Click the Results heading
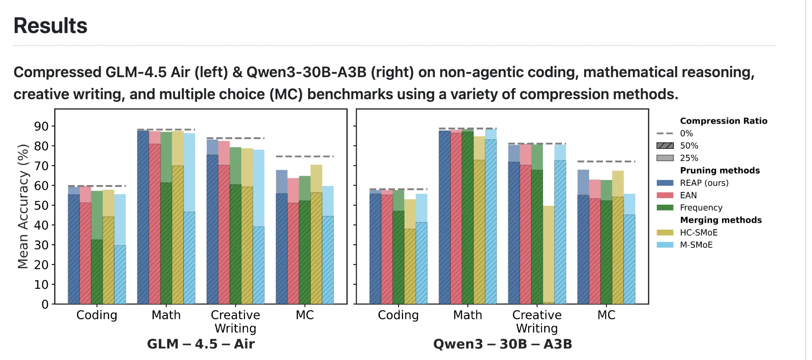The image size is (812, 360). pyautogui.click(x=51, y=26)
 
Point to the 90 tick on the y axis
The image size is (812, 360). pyautogui.click(x=41, y=126)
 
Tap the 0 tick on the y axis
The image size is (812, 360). pyautogui.click(x=45, y=304)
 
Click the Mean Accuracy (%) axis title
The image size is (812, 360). pyautogui.click(x=23, y=206)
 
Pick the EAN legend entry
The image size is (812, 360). pyautogui.click(x=688, y=195)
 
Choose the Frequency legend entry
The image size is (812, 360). pyautogui.click(x=701, y=208)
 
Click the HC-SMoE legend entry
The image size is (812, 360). pyautogui.click(x=699, y=232)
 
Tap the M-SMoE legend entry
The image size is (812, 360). pyautogui.click(x=696, y=245)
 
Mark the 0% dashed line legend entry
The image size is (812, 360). pyautogui.click(x=686, y=133)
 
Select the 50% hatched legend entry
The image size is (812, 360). pyautogui.click(x=689, y=146)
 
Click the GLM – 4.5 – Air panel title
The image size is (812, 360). pyautogui.click(x=201, y=344)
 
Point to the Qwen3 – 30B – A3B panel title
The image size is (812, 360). pyautogui.click(x=502, y=344)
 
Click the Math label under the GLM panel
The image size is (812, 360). pyautogui.click(x=166, y=315)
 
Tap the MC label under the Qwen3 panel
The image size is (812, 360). pyautogui.click(x=606, y=315)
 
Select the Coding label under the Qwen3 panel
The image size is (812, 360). pyautogui.click(x=398, y=315)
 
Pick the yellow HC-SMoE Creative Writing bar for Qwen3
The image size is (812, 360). pyautogui.click(x=548, y=255)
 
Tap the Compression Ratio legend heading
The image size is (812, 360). pyautogui.click(x=723, y=121)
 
